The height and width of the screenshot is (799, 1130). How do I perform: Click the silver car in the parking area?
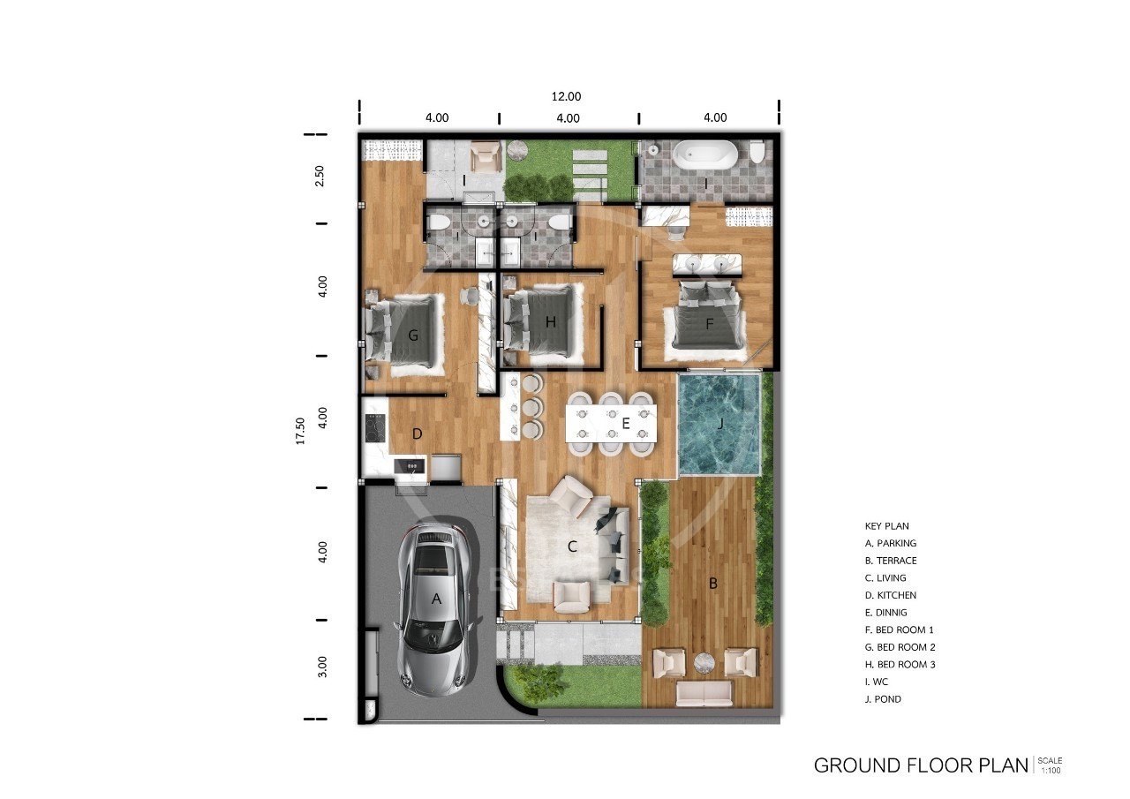(437, 610)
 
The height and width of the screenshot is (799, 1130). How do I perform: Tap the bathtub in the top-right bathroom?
(705, 154)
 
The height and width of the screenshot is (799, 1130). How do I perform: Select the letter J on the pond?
(720, 424)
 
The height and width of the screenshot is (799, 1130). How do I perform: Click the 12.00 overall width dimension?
(566, 96)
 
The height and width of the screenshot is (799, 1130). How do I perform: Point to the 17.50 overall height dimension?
(300, 431)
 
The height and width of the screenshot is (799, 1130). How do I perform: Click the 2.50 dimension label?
(320, 176)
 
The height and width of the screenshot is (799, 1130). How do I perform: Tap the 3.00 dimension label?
(322, 667)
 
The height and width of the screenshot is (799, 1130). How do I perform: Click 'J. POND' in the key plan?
(883, 699)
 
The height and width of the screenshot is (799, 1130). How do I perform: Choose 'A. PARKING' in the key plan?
(891, 543)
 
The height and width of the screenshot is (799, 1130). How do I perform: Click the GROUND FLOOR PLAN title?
(921, 765)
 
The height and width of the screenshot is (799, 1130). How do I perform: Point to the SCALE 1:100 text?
(1051, 765)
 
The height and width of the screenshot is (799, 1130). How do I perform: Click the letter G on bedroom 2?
(413, 335)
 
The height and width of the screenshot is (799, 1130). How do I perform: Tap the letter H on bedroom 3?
(550, 322)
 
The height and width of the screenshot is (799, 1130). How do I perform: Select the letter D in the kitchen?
(418, 433)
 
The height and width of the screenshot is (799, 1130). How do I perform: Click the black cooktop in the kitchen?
(375, 428)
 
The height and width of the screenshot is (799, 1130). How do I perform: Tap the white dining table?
(612, 424)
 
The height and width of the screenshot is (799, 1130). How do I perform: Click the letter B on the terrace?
(713, 584)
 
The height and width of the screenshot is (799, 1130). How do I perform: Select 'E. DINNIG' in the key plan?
(885, 613)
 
